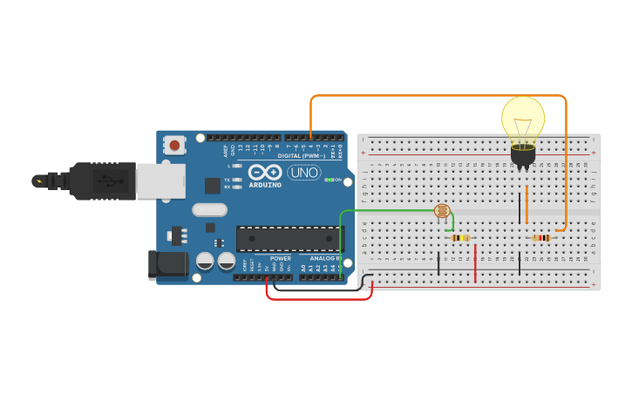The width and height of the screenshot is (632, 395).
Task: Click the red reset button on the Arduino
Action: tap(174, 144)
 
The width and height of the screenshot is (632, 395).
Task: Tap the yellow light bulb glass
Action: tap(523, 119)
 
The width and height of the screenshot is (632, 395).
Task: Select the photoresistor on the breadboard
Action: tap(442, 210)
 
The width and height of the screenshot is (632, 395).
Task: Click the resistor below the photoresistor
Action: tap(460, 237)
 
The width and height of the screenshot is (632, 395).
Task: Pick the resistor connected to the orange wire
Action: tap(541, 237)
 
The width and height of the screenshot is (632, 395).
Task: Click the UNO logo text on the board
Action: tap(303, 173)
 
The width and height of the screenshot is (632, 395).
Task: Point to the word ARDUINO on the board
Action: tap(265, 185)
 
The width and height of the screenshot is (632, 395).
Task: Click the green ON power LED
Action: tap(328, 180)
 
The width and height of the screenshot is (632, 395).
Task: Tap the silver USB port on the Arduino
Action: tap(161, 181)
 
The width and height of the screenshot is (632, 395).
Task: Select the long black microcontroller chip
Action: tap(290, 239)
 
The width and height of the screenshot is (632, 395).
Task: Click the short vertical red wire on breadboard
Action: tap(475, 263)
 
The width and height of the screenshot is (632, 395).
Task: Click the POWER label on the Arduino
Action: tap(281, 258)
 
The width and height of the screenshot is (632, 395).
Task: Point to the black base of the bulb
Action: tap(523, 155)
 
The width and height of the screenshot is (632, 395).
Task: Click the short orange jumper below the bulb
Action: tap(527, 204)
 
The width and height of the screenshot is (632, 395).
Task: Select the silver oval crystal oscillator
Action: tap(209, 209)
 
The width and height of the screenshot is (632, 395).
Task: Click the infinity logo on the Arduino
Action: tap(265, 172)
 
